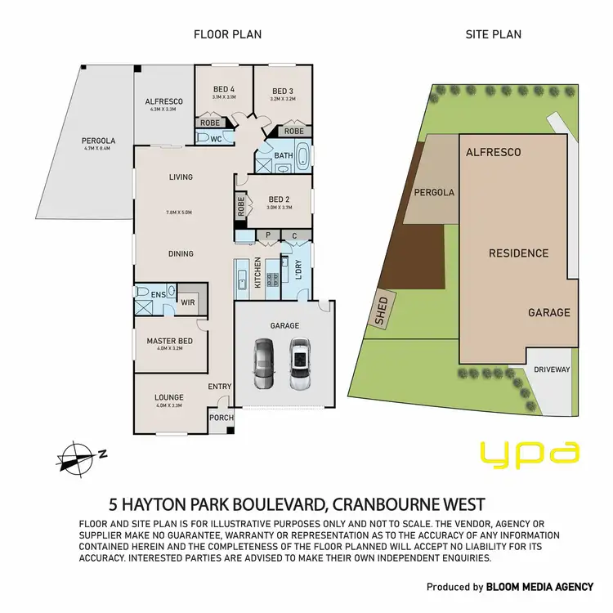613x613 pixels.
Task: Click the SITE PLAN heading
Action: click(493, 34)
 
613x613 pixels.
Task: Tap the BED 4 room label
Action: click(223, 89)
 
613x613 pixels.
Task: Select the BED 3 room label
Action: click(282, 90)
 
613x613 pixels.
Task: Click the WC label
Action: click(217, 140)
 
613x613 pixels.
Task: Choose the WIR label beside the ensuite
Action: click(188, 302)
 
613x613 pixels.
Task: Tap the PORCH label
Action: click(221, 418)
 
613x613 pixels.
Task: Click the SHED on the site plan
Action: click(381, 310)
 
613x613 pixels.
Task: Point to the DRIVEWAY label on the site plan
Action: click(552, 369)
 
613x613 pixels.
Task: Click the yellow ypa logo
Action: click(529, 452)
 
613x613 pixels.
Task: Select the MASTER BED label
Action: click(170, 341)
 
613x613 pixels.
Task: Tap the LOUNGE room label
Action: click(169, 398)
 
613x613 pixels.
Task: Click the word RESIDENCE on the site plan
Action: click(518, 253)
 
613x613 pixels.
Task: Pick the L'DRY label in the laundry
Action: click(298, 267)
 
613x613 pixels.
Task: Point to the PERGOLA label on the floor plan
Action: click(73, 139)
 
